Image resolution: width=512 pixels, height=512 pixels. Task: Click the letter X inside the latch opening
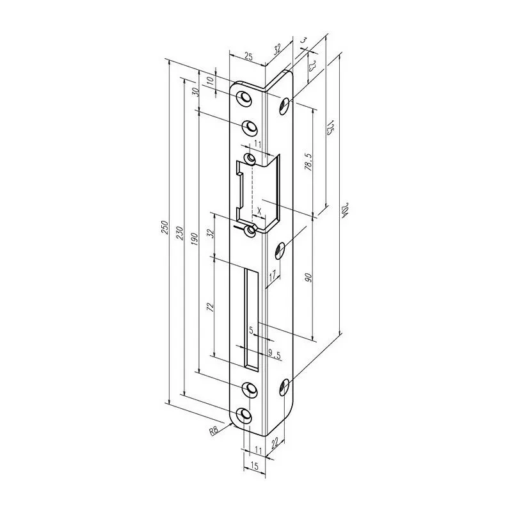tap(259, 210)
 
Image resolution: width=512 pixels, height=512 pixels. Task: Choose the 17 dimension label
tap(272, 276)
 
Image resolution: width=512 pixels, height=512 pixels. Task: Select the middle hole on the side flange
tap(282, 249)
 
